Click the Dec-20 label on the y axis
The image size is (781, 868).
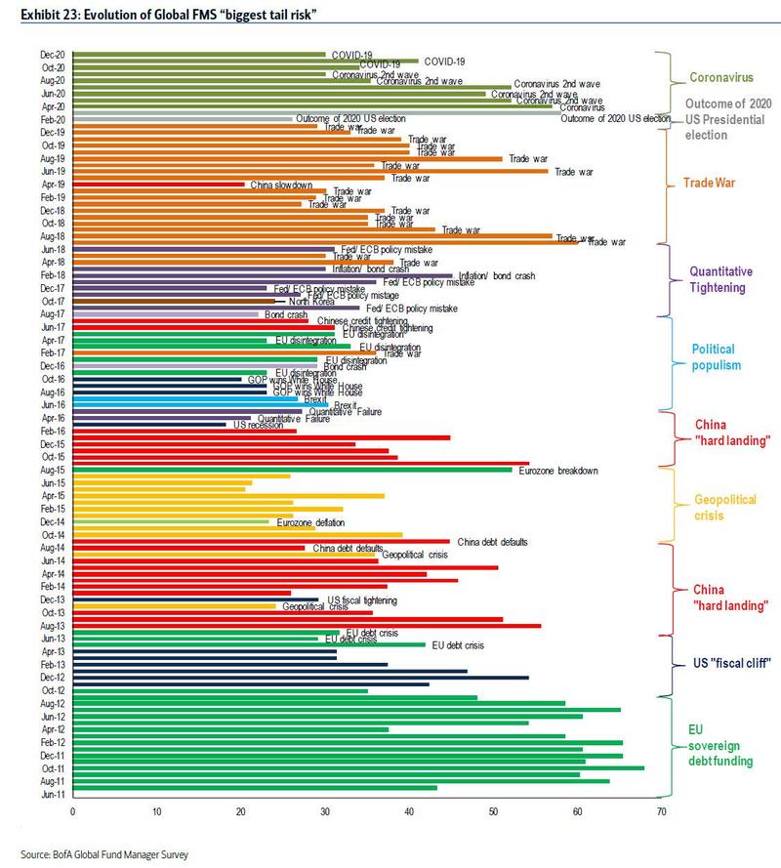(53, 55)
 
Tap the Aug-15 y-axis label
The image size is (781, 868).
(53, 470)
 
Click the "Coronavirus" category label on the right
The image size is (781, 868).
(720, 77)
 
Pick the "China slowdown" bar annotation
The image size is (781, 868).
(281, 185)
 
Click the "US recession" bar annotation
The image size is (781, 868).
(255, 425)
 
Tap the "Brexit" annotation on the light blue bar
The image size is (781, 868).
(287, 398)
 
